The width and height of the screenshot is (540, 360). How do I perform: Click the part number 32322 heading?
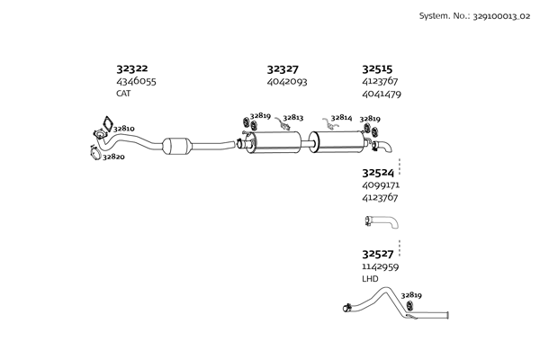pos(132,68)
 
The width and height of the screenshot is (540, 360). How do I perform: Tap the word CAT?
pos(124,93)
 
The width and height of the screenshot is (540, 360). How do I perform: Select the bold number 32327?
pos(283,68)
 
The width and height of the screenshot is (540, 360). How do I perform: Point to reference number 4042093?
pos(287,81)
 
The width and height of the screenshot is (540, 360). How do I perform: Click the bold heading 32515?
pos(377,68)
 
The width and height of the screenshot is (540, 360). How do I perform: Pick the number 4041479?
pos(382,94)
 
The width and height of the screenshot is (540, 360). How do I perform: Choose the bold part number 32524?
pos(377,172)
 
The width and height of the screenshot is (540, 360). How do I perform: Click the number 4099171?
pos(381,184)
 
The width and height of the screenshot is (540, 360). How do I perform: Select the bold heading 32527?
pos(377,255)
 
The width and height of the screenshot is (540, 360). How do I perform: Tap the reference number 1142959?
pos(381,267)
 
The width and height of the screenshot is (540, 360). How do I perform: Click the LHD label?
pos(370,279)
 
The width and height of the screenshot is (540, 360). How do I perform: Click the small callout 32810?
pos(123,129)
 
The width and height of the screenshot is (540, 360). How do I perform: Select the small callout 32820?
pos(113,157)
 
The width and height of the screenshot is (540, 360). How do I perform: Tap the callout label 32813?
pos(293,117)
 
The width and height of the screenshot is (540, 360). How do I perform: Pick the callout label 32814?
pos(341,117)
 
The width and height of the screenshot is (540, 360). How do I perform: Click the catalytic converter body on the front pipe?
pos(179,146)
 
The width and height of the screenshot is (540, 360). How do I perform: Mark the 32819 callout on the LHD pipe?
pos(411,294)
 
